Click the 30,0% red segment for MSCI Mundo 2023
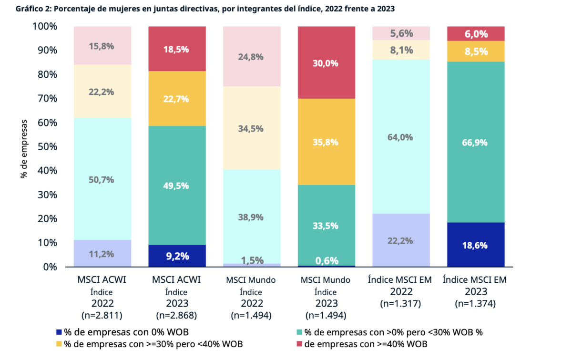[x=326, y=62]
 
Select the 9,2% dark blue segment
[x=177, y=256]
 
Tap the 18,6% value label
[x=475, y=246]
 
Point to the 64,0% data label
[x=400, y=137]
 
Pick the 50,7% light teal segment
[x=102, y=180]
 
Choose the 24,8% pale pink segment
[x=252, y=57]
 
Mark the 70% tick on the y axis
[x=45, y=99]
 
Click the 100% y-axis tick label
[x=44, y=26]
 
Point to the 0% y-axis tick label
[x=49, y=267]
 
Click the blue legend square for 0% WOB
[x=59, y=332]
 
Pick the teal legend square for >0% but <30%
[x=299, y=332]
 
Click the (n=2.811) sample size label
[x=102, y=315]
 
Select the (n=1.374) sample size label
[x=475, y=303]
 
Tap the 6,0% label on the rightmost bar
[x=475, y=34]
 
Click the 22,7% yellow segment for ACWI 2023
[x=177, y=99]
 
